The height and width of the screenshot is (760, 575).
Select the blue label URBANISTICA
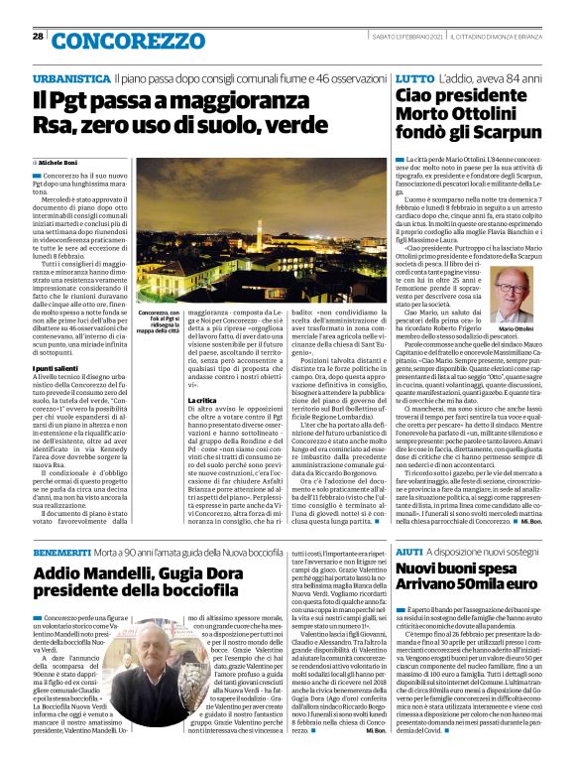[x=70, y=76]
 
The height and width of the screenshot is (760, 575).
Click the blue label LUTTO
[x=413, y=76]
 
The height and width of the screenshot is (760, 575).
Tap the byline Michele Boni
[x=63, y=162]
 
